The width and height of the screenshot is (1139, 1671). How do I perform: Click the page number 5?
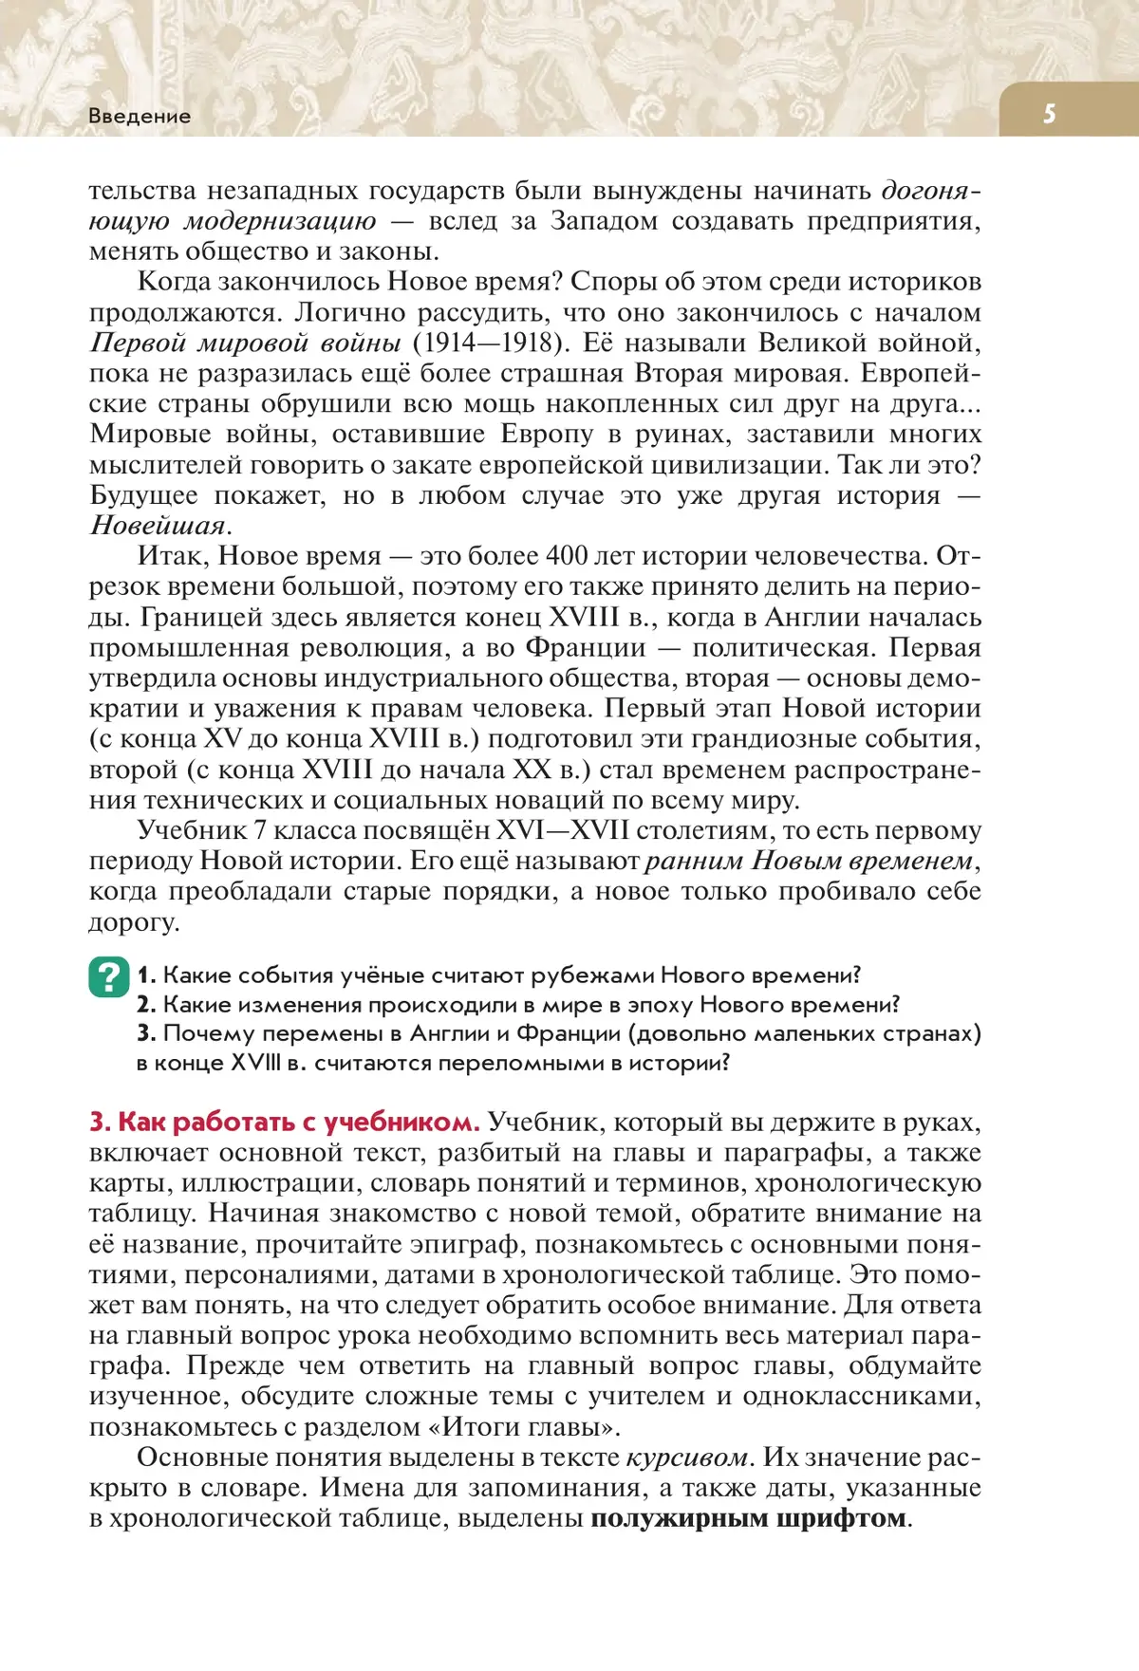point(1049,114)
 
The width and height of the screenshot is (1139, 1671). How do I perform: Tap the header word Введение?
point(140,116)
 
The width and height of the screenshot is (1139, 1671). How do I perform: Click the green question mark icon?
point(109,977)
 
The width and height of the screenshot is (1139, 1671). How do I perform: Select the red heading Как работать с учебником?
point(285,1122)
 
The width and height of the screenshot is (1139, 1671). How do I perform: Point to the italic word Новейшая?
point(159,526)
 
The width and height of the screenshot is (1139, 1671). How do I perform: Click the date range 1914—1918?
point(489,343)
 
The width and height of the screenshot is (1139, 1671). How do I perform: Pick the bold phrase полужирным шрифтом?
point(748,1518)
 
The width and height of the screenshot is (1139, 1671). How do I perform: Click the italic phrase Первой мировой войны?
point(245,343)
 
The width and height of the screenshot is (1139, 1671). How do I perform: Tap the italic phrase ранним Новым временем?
point(809,861)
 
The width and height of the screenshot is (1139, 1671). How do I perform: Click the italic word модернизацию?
point(280,221)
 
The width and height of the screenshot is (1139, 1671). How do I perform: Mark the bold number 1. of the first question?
point(146,975)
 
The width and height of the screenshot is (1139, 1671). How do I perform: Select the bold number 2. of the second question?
point(146,1005)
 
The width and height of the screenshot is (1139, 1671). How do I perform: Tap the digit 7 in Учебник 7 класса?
point(259,830)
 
